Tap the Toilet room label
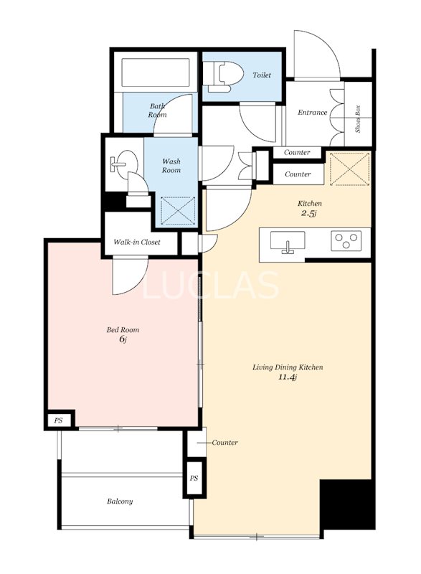coord(262,75)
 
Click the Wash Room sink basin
coord(124,162)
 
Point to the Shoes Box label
coord(358,119)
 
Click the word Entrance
coord(312,113)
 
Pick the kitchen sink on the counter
coord(288,242)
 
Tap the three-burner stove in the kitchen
coord(346,240)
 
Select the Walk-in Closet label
coord(137,242)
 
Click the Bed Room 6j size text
coord(123,339)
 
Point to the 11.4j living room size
coord(287,377)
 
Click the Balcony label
coord(120,501)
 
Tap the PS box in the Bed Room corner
coord(59,420)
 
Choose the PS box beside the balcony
coord(194,478)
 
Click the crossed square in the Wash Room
coord(178,211)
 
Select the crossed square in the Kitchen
coord(350,169)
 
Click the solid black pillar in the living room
coord(346,504)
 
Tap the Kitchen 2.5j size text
coord(308,213)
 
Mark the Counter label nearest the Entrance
coord(297,152)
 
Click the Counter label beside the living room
coord(224,443)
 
